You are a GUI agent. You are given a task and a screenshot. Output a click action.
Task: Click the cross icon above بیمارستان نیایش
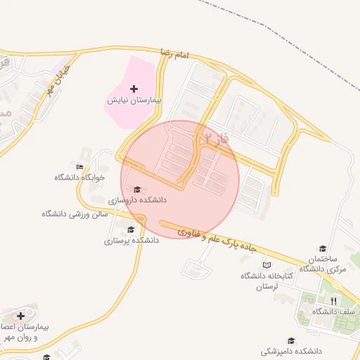(x=134, y=89)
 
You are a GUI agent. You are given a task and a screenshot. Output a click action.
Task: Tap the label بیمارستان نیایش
(x=134, y=101)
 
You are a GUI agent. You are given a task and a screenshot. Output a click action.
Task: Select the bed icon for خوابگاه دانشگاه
(x=79, y=167)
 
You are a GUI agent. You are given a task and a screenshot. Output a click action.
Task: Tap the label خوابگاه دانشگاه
(x=79, y=177)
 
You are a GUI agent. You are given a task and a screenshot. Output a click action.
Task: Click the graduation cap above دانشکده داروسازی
(x=137, y=189)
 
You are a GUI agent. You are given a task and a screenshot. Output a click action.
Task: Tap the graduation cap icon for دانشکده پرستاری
(x=131, y=229)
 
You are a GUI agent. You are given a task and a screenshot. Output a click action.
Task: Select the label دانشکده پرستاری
(x=131, y=240)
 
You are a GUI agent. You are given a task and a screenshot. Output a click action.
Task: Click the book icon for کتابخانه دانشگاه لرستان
(x=266, y=265)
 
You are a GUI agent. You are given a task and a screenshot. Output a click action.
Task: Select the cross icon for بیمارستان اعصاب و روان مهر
(x=20, y=316)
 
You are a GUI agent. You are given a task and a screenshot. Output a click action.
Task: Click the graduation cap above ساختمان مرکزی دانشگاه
(x=323, y=248)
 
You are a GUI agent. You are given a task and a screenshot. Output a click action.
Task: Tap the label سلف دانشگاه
(x=333, y=311)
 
